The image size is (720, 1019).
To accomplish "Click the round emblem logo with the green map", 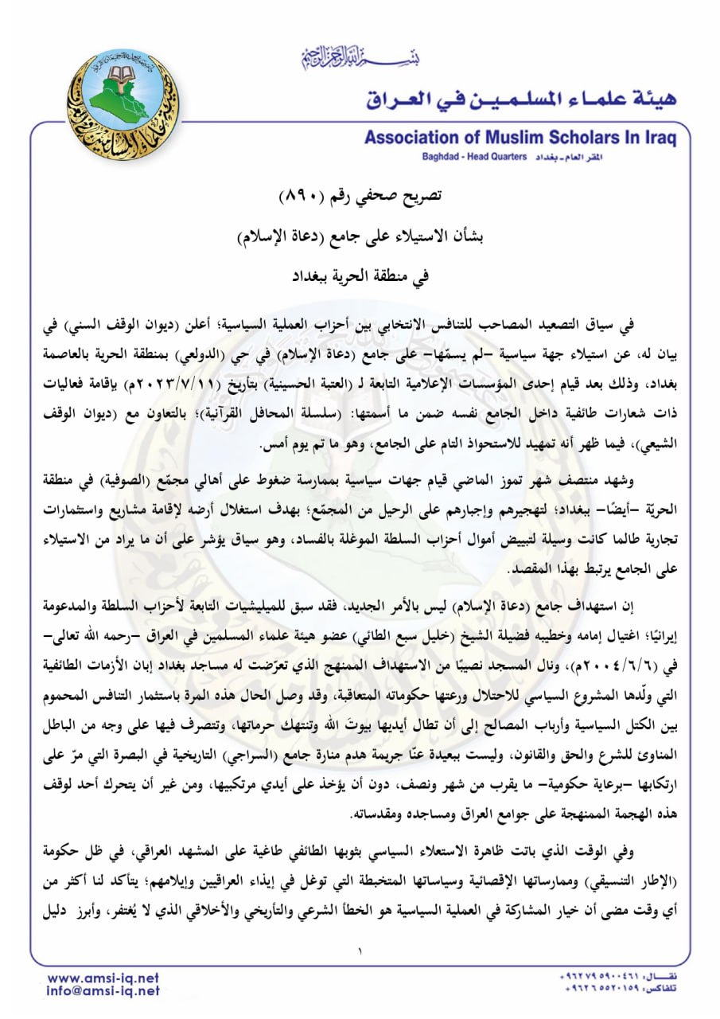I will (123, 104).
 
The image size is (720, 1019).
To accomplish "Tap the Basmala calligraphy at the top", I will (360, 57).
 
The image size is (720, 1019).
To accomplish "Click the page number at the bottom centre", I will (360, 950).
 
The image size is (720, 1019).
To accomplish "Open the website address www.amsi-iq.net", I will (103, 978).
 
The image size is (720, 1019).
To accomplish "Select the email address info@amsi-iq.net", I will (103, 991).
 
